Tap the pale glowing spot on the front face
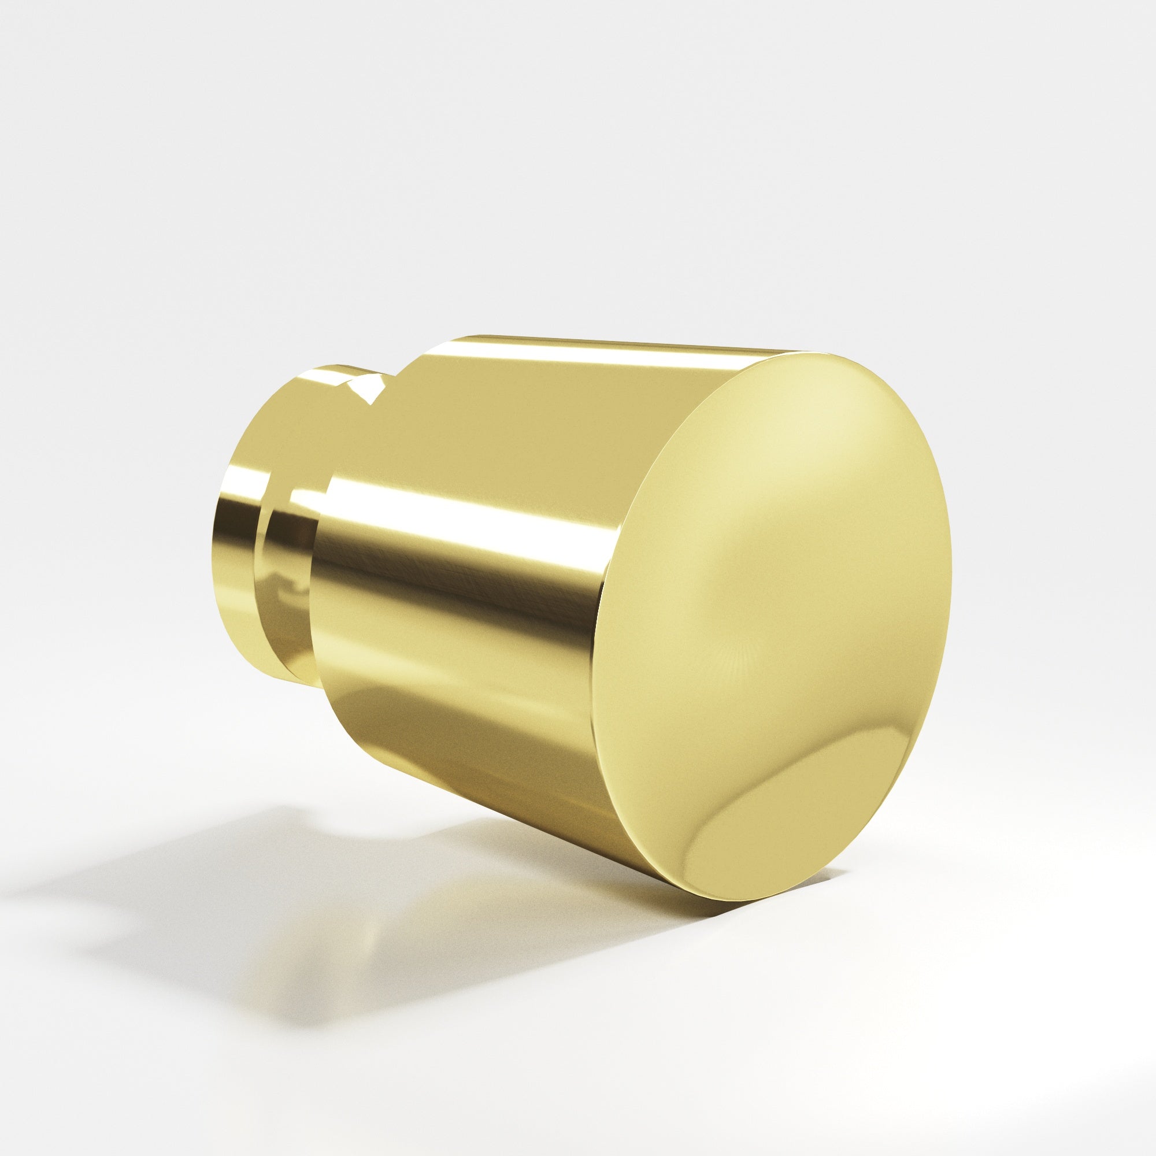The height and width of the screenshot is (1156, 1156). tap(796, 455)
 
